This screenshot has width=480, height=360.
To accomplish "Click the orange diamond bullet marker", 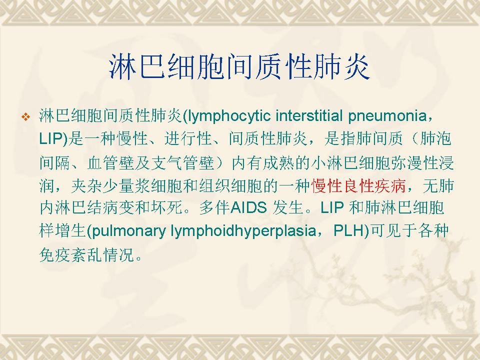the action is (25, 116).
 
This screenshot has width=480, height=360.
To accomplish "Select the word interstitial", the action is (309, 115).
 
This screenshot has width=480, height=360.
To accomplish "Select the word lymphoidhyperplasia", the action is (243, 231).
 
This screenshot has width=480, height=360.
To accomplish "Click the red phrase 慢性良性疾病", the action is (358, 185).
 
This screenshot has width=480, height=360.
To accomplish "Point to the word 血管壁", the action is (111, 162).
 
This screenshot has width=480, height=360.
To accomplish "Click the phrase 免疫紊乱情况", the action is (87, 254).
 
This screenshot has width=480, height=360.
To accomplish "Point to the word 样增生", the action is (63, 231).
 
